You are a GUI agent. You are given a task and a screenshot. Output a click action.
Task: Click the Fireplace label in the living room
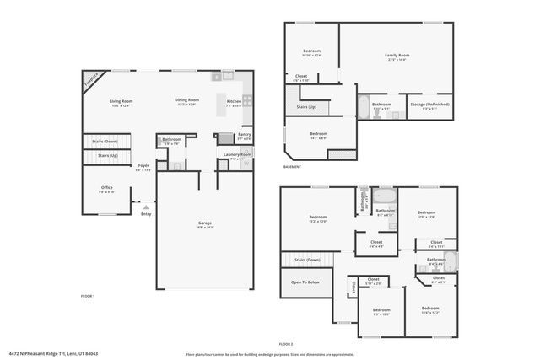(92, 79)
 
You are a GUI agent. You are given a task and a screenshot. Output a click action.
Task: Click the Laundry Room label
(238, 154)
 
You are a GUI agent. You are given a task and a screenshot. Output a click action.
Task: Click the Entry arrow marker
(146, 204)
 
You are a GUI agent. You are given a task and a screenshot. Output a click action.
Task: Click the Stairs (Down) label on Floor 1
(105, 141)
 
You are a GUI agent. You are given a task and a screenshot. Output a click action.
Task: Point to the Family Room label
(397, 55)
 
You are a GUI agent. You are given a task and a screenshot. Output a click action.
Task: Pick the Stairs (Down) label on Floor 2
(306, 260)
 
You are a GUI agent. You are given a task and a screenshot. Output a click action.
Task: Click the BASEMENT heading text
(294, 167)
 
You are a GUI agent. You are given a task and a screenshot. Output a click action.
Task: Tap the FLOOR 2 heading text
(285, 344)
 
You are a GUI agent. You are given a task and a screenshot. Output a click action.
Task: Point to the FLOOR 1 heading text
(87, 296)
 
